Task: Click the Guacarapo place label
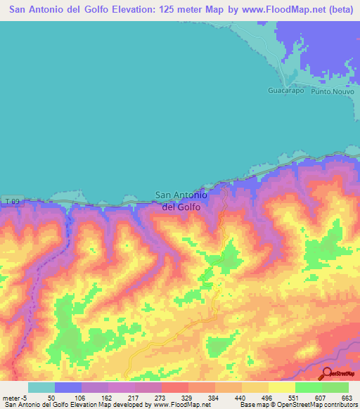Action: point(285,91)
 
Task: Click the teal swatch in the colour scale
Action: point(41,387)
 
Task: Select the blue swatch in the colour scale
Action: point(68,387)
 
